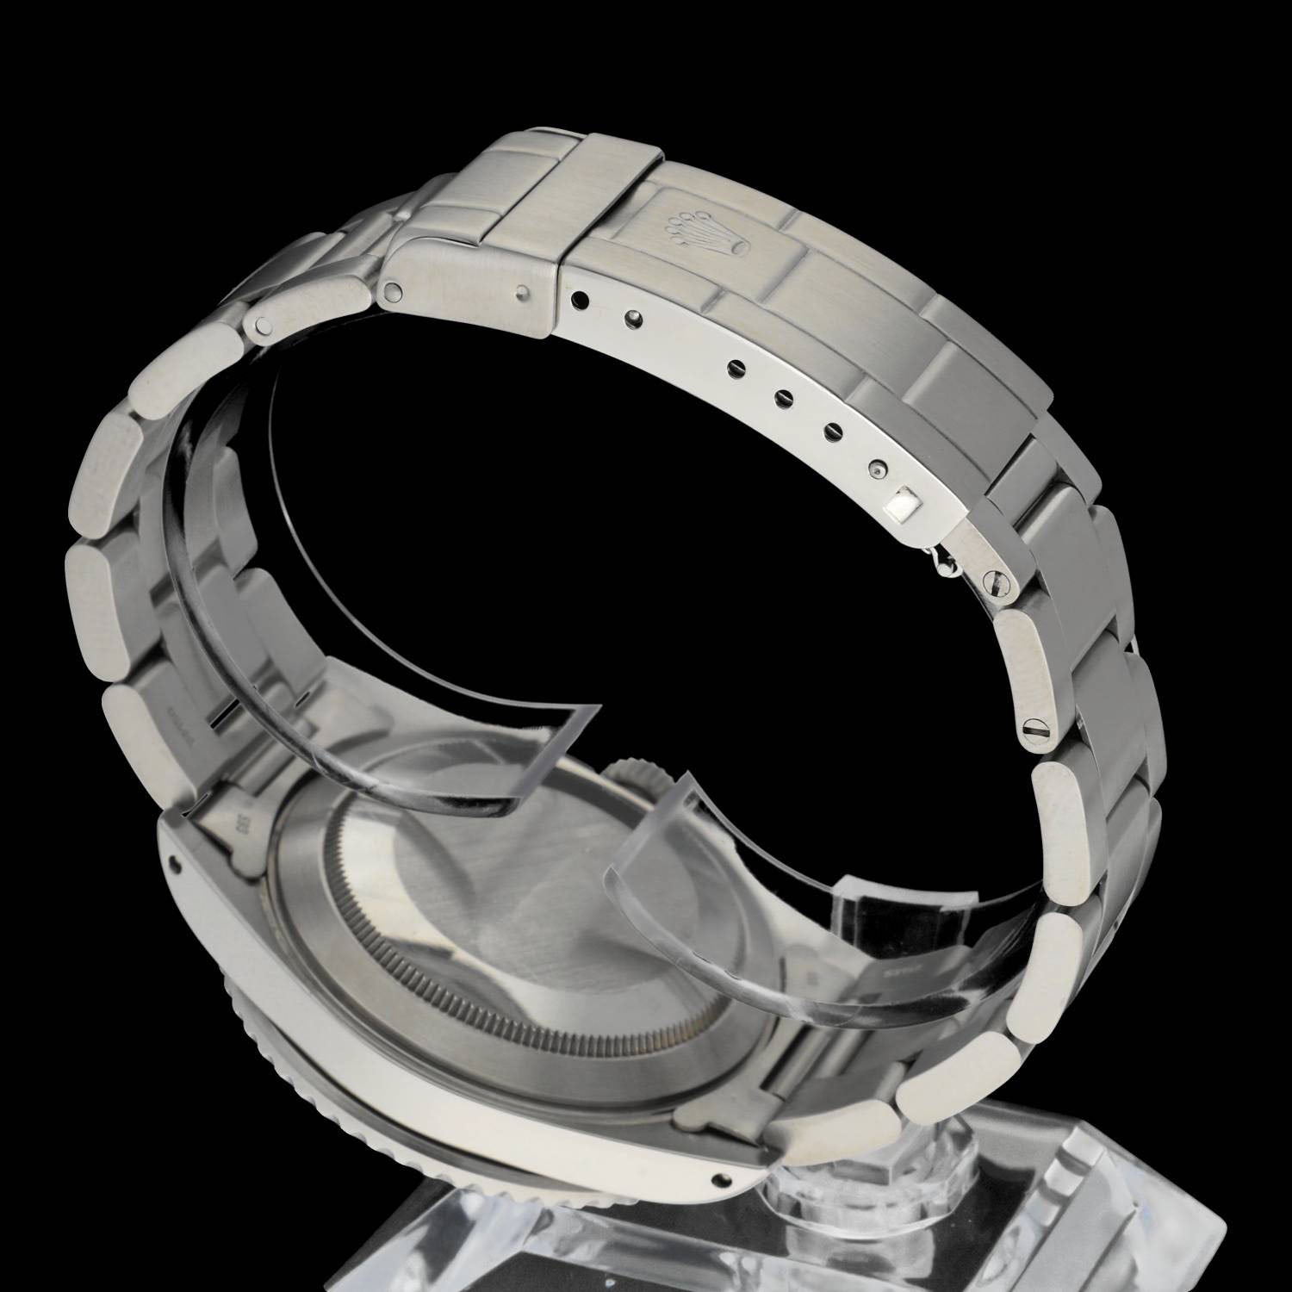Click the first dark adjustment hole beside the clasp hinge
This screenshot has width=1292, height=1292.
[x=578, y=301]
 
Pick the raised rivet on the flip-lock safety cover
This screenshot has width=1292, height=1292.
[x=525, y=294]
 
